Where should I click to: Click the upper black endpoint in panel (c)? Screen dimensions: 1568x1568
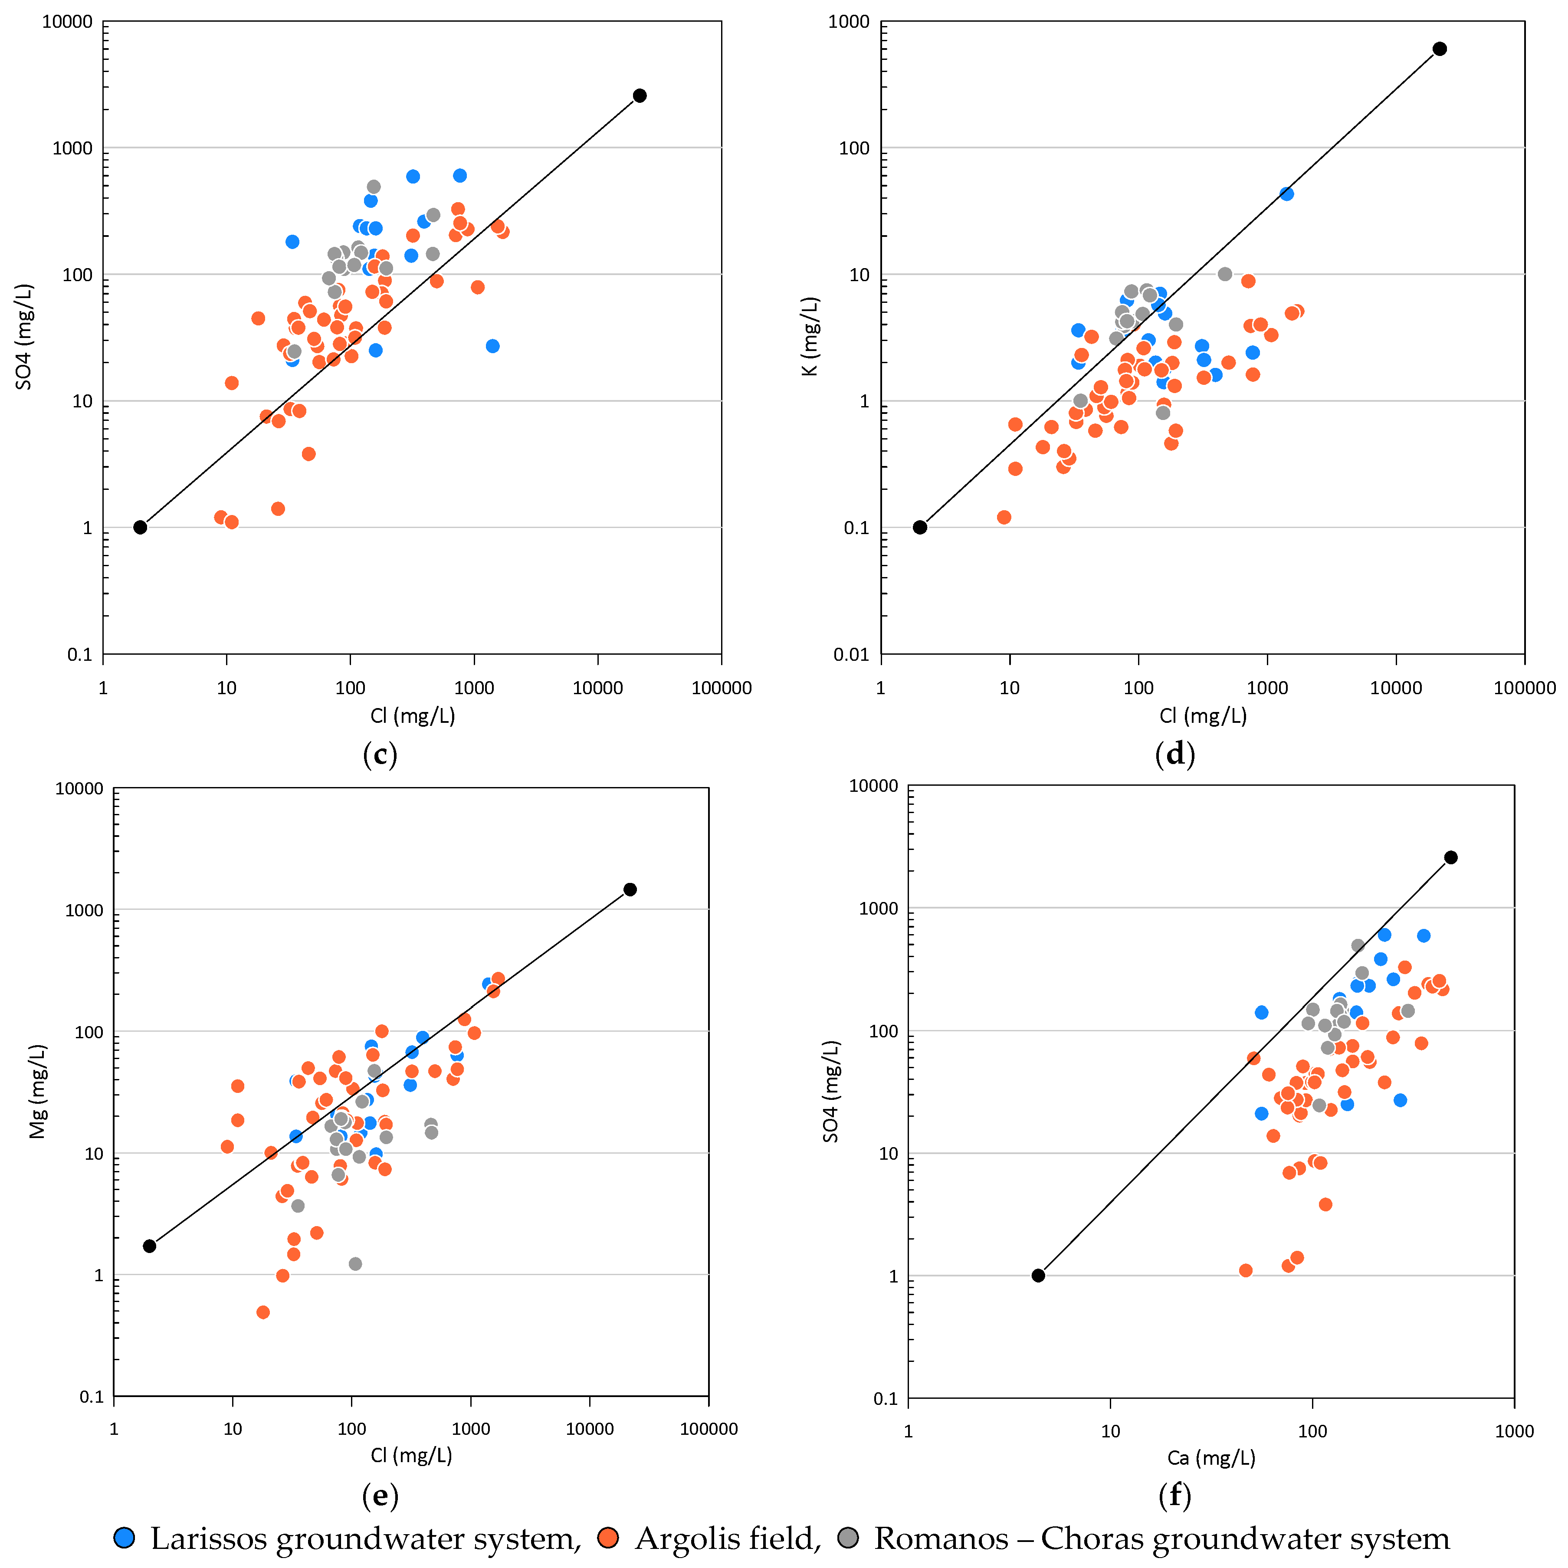tap(640, 96)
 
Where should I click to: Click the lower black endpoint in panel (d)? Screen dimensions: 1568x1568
tap(919, 528)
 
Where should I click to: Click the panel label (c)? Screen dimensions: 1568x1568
tap(380, 755)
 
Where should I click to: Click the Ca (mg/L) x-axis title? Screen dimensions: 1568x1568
tap(1211, 1458)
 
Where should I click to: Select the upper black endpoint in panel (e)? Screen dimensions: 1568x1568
tap(630, 889)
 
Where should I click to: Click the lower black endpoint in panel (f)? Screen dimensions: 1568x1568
tap(1038, 1276)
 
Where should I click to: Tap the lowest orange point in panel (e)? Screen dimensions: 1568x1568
tap(263, 1312)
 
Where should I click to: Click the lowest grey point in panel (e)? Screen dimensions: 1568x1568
tap(354, 1264)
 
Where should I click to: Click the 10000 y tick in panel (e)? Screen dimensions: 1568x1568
tap(79, 789)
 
